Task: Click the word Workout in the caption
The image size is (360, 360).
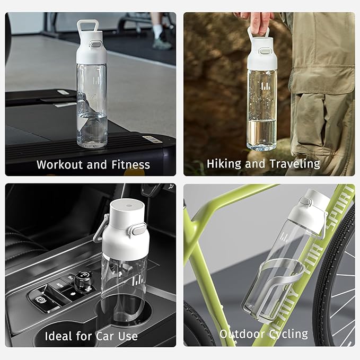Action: pos(60,164)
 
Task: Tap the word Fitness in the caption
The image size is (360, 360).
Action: pos(130,164)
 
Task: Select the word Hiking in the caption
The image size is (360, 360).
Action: pos(224,164)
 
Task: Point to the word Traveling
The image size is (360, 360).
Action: pos(295,164)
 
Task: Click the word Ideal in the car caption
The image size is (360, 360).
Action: pos(58,336)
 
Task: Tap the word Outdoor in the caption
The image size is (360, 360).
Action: pos(242,334)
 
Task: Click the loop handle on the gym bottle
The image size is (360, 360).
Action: pos(88,26)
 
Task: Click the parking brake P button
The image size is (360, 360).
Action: pos(39,300)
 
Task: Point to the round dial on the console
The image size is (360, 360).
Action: pos(84,279)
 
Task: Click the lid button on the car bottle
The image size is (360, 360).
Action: pos(139,230)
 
